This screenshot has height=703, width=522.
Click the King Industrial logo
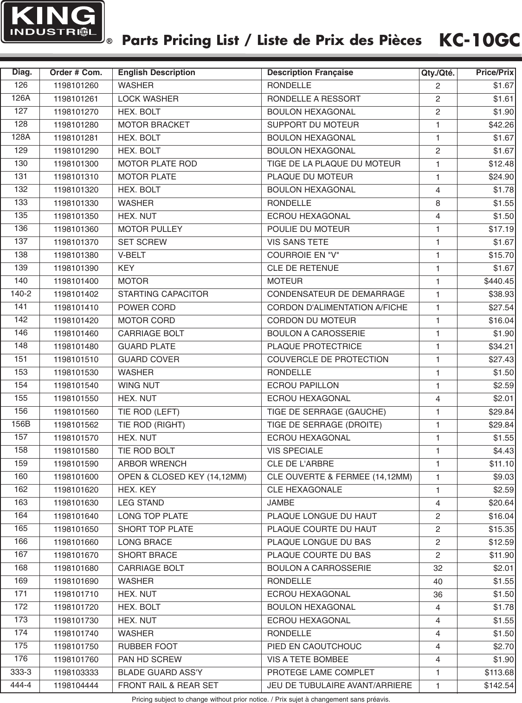tap(52, 22)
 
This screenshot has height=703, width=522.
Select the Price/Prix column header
tap(495, 72)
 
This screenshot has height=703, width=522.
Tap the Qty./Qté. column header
tap(438, 73)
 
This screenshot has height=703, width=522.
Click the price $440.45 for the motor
tap(499, 281)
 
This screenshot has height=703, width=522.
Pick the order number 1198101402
tap(76, 294)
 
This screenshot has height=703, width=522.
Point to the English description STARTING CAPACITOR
tap(163, 294)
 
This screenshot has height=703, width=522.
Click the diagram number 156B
tap(20, 424)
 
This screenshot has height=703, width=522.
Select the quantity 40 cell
tap(438, 582)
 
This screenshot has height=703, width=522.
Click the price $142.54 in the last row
tap(499, 685)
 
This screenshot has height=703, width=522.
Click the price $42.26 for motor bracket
tap(501, 125)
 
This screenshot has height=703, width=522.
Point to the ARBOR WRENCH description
tap(152, 464)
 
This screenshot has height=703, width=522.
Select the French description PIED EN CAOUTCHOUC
tap(315, 646)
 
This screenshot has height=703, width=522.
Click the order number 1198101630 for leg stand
tap(76, 503)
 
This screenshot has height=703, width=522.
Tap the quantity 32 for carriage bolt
tap(438, 569)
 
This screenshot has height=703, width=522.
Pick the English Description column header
tap(157, 72)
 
